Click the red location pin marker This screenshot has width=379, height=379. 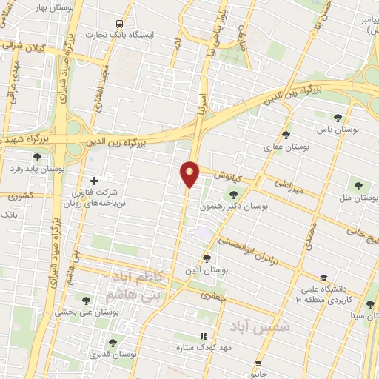pyautogui.click(x=190, y=173)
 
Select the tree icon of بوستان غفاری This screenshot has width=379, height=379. pyautogui.click(x=286, y=135)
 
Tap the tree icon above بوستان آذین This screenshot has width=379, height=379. pyautogui.click(x=207, y=258)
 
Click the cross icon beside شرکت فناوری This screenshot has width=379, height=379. pyautogui.click(x=94, y=181)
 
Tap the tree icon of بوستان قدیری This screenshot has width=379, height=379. pyautogui.click(x=113, y=342)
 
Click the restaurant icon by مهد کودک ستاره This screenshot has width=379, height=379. pyautogui.click(x=204, y=336)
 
